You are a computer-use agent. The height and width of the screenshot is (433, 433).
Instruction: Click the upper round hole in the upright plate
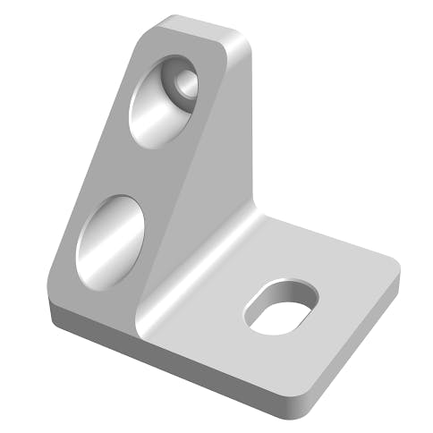(161, 103)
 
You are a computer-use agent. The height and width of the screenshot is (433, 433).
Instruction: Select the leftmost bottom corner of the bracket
(54, 309)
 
